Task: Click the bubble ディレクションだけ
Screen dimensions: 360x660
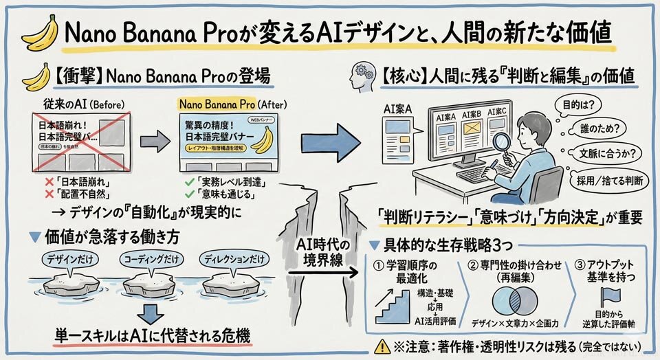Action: click(x=234, y=260)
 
